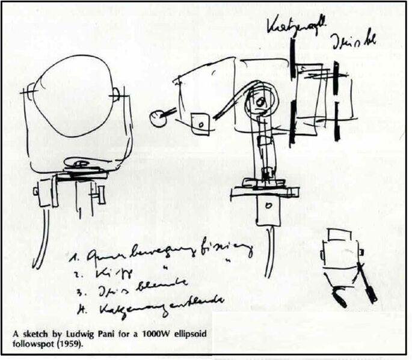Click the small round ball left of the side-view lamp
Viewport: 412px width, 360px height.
coord(158,118)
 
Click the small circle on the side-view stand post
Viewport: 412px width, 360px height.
coord(269,205)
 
